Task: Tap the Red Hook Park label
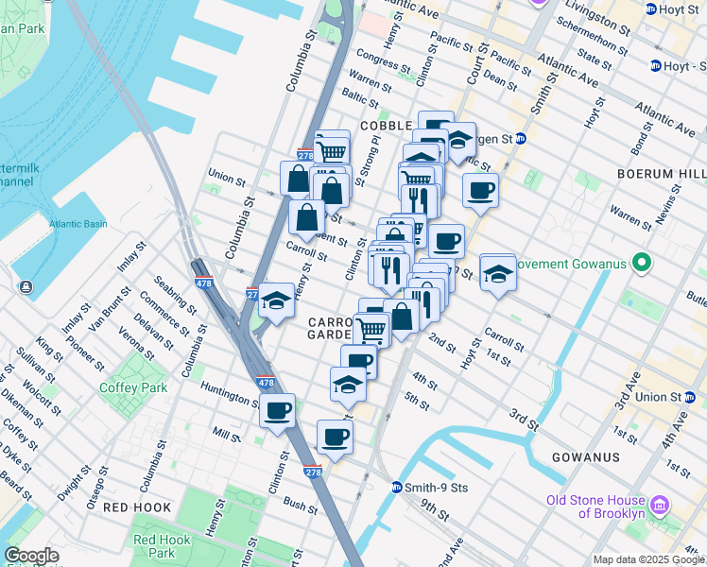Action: (155, 545)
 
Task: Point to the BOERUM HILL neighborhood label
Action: (661, 174)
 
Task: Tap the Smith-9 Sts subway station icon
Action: (397, 488)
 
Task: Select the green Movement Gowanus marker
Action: (642, 262)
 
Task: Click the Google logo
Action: (31, 556)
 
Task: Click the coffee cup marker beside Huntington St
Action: (277, 411)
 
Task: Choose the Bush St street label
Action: (300, 506)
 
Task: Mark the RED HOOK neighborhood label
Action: (137, 507)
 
